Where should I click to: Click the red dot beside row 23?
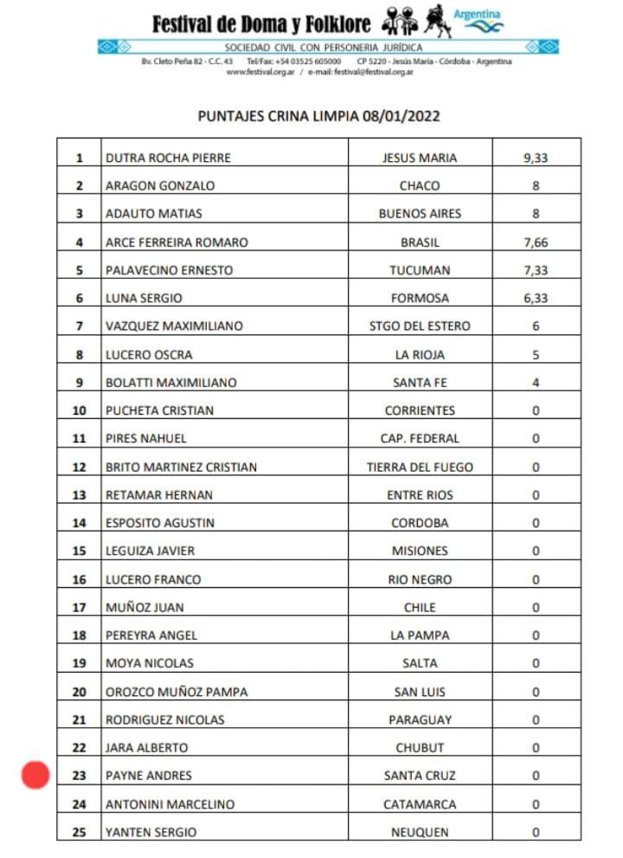click(35, 775)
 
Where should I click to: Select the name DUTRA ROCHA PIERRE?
click(168, 158)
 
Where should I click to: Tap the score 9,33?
click(536, 158)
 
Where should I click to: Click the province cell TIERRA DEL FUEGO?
click(420, 467)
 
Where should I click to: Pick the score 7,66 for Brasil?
click(536, 242)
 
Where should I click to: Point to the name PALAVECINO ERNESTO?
click(169, 270)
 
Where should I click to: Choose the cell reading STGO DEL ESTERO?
click(420, 326)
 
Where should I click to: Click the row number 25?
click(80, 832)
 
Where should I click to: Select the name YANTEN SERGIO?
click(151, 832)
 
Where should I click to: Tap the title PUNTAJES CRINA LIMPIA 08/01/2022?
click(312, 116)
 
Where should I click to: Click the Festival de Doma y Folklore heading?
click(261, 23)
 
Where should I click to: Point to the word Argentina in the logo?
click(477, 15)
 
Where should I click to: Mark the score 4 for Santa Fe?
click(536, 383)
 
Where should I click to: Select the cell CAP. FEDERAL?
click(420, 438)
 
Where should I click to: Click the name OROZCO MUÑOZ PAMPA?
click(176, 692)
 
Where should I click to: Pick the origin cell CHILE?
click(420, 607)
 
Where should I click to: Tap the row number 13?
click(80, 495)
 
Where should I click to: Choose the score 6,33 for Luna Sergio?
click(536, 298)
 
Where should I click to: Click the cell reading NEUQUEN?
click(420, 832)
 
